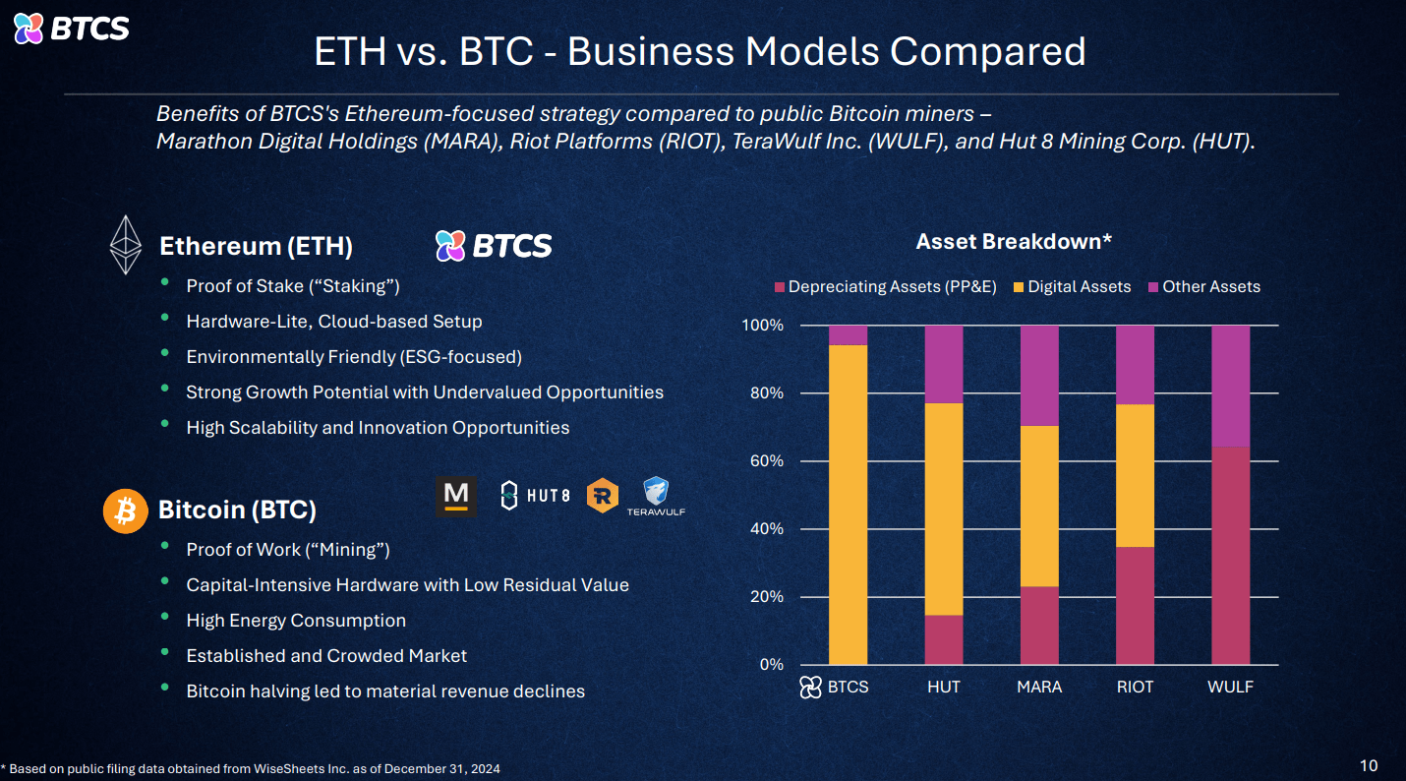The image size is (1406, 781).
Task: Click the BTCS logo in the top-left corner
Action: click(x=71, y=29)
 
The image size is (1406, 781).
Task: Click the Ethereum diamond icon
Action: click(x=125, y=245)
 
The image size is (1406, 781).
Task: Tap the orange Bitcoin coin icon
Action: click(x=125, y=511)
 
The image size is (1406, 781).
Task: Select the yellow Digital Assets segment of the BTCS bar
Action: click(x=848, y=504)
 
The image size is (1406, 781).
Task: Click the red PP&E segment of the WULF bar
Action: click(x=1230, y=556)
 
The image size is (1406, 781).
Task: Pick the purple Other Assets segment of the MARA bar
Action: click(x=1039, y=376)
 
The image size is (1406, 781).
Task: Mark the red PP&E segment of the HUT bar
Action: click(x=944, y=639)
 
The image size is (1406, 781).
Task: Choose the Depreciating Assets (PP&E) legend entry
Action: click(x=885, y=287)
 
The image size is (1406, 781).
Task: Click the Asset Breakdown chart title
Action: click(x=1013, y=242)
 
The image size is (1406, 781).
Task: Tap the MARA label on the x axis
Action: click(x=1039, y=688)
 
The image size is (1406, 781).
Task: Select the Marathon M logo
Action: click(x=456, y=496)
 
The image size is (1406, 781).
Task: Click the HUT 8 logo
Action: click(x=535, y=496)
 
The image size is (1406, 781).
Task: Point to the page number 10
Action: click(x=1369, y=765)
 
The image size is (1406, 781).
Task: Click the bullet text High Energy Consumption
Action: click(x=296, y=621)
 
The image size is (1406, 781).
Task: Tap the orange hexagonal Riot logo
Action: click(x=603, y=496)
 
